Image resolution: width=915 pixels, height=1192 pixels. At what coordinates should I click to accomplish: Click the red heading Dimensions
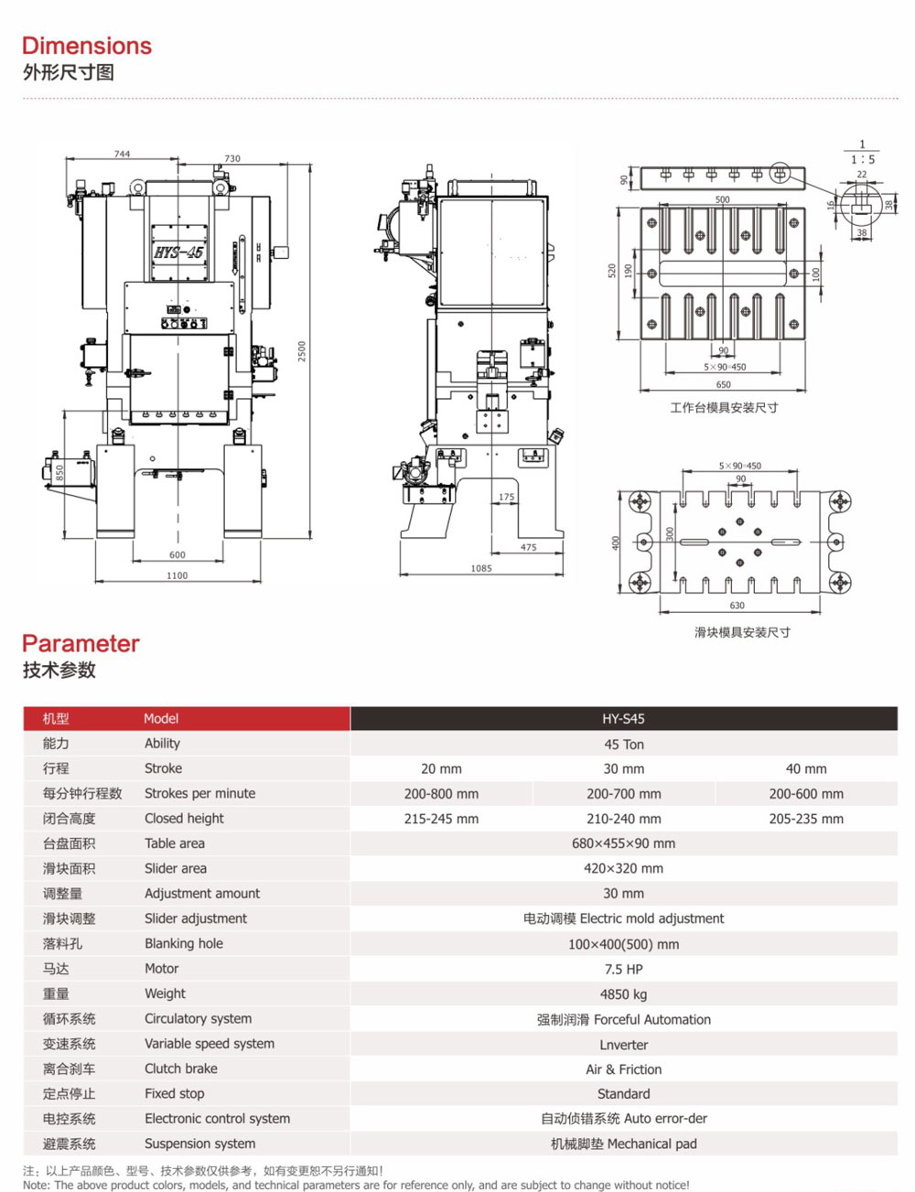(x=87, y=46)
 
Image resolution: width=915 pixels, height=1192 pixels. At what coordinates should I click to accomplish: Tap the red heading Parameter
(x=81, y=643)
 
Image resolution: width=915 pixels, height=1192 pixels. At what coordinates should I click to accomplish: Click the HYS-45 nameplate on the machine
(x=178, y=252)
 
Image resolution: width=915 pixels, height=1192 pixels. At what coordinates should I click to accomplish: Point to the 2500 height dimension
(x=302, y=351)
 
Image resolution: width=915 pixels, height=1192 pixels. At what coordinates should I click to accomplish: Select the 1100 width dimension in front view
(x=178, y=575)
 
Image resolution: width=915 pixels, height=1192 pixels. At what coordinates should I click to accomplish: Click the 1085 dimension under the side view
(x=481, y=568)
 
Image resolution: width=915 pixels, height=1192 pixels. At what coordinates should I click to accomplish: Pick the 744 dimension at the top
(x=122, y=154)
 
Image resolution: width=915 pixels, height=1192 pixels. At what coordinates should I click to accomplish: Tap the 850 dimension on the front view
(x=60, y=473)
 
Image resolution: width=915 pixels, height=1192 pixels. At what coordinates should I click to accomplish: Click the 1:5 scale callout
(x=862, y=159)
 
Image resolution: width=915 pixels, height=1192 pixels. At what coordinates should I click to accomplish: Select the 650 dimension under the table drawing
(x=724, y=384)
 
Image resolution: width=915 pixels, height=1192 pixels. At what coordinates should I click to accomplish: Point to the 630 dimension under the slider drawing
(x=737, y=605)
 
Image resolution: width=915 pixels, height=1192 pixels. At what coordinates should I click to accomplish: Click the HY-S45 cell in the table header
(x=623, y=719)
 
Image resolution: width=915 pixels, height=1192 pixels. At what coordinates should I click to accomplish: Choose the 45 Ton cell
(x=623, y=745)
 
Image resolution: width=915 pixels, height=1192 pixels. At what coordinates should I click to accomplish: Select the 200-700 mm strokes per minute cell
(x=623, y=794)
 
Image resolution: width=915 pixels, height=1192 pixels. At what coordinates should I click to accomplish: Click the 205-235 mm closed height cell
(x=806, y=819)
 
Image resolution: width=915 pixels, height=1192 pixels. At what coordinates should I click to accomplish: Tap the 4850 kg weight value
(x=623, y=994)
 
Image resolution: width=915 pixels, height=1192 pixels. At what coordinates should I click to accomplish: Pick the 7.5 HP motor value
(x=623, y=969)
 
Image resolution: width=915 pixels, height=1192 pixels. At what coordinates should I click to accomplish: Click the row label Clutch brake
(x=181, y=1069)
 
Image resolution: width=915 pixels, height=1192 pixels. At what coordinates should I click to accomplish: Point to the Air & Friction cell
(x=623, y=1069)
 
